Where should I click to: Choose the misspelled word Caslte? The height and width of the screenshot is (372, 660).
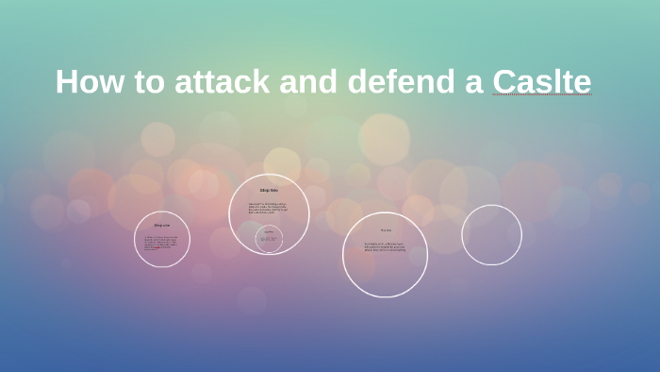point(541,82)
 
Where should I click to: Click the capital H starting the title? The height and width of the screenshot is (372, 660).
point(66,82)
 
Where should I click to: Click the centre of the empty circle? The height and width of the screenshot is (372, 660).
point(491,235)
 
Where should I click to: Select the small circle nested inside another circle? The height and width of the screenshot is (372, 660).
point(269,239)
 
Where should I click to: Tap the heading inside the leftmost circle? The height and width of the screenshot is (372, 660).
point(162,225)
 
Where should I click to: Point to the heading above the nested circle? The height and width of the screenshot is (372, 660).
point(269,191)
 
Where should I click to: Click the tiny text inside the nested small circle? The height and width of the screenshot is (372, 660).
point(269,240)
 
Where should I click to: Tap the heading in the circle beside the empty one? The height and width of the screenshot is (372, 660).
point(385,230)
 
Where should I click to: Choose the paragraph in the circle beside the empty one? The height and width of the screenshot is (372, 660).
point(385,247)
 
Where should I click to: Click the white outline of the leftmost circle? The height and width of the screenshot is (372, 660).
point(135,240)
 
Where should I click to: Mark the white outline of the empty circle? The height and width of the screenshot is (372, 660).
point(521,235)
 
